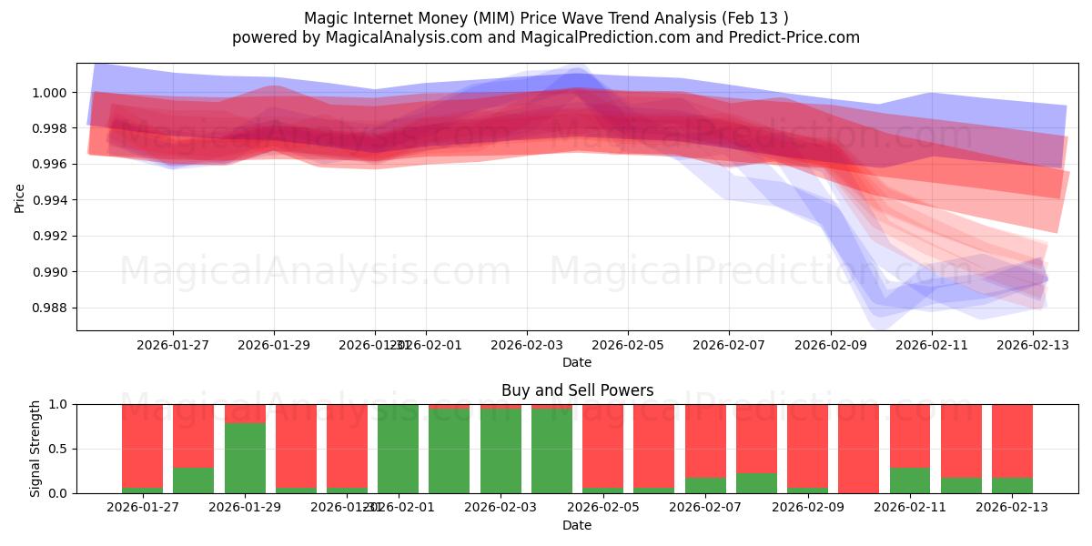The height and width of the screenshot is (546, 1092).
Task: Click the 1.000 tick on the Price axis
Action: (52, 93)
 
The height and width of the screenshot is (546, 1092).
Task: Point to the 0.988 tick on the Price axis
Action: (52, 308)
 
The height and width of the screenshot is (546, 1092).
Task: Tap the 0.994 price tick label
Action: (52, 200)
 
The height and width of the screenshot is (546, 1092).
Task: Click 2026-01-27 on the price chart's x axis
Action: (173, 346)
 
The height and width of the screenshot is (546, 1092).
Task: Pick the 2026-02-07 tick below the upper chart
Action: (728, 346)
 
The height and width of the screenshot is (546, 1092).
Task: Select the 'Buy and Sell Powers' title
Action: (577, 390)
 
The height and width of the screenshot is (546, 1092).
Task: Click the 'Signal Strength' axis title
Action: (35, 449)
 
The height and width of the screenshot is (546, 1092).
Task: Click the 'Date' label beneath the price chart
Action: (577, 362)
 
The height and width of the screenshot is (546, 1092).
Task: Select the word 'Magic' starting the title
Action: (324, 18)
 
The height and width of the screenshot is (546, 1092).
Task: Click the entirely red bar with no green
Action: (858, 449)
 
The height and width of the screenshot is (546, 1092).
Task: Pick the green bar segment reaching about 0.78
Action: (245, 458)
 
